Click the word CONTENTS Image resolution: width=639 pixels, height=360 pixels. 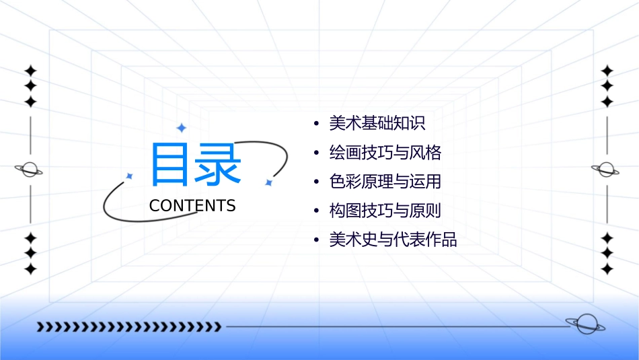coord(192,206)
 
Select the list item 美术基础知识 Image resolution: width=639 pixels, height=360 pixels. coord(377,124)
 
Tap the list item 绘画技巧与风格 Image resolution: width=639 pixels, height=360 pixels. coord(385,153)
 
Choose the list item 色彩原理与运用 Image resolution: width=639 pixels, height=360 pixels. coord(385,182)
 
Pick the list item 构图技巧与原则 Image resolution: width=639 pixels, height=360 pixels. coord(385,211)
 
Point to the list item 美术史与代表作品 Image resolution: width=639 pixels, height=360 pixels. coord(393,240)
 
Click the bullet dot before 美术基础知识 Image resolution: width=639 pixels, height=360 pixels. coord(316,124)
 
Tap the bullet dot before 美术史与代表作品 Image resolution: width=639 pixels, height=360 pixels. coord(316,240)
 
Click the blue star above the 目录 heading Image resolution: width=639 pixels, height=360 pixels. coord(181,128)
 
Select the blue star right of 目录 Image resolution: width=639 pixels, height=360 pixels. coord(268,182)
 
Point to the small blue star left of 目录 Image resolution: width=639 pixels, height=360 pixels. coord(130,176)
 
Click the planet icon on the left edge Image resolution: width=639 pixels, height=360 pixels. coord(30,170)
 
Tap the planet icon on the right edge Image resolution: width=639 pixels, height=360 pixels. coord(606,170)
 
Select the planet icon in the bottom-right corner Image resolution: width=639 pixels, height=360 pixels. coord(586,325)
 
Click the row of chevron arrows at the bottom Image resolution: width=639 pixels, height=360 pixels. coord(129,327)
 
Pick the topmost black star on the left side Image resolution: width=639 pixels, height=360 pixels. coord(30,71)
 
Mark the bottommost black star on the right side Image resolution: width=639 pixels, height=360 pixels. coord(607,269)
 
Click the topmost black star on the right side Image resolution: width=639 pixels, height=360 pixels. coord(607,71)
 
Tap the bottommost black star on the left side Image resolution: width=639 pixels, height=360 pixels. coord(30,269)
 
